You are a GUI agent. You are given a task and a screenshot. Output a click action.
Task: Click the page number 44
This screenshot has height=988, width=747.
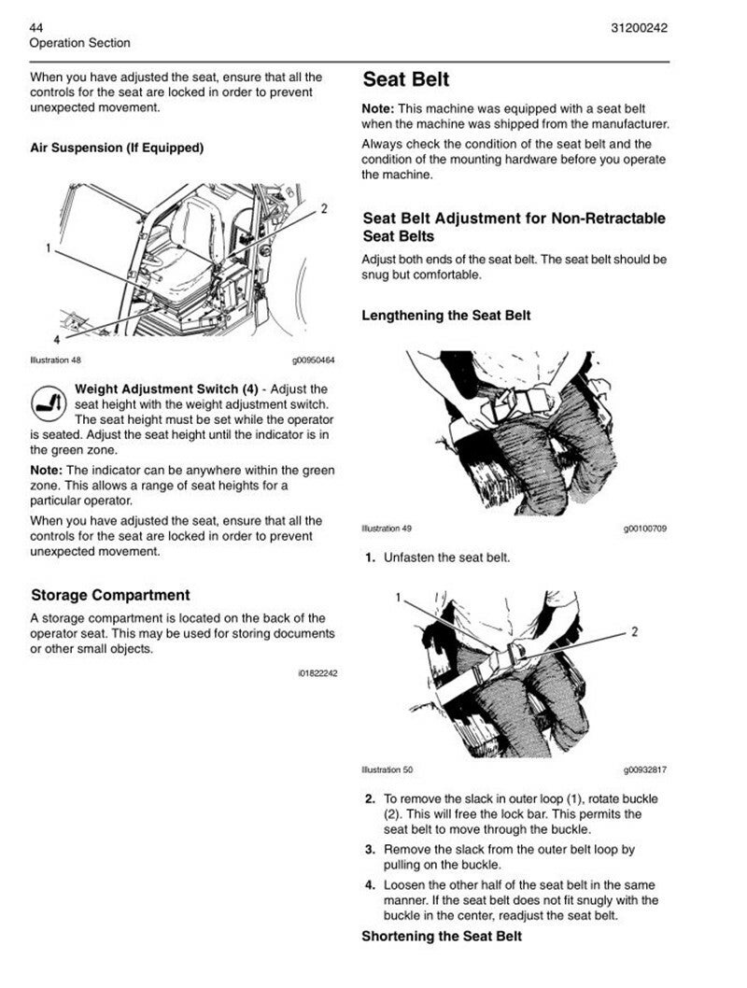(37, 27)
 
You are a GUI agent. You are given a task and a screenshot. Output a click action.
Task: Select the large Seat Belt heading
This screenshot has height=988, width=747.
(405, 79)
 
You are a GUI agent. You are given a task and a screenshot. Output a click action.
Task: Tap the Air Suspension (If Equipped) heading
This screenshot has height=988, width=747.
(117, 148)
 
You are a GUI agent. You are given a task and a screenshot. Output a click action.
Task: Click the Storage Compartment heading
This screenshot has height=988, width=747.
(110, 595)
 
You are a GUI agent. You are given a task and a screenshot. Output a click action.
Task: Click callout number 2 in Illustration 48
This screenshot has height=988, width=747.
(323, 208)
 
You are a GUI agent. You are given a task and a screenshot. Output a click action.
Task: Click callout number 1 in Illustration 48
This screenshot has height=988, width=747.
(47, 248)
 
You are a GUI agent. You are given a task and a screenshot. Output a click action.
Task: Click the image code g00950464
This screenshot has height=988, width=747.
(313, 360)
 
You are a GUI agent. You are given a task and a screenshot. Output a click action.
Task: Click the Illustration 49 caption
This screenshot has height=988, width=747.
(387, 529)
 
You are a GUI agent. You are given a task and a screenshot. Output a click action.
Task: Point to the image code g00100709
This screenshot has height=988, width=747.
(644, 529)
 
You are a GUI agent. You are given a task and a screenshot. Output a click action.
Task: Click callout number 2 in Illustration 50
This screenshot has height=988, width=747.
(634, 632)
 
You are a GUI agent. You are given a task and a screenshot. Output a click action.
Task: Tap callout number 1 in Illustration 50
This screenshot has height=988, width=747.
(398, 597)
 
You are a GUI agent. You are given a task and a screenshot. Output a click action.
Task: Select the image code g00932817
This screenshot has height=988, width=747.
(644, 769)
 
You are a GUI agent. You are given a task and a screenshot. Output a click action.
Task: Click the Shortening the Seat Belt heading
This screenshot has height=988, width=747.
(442, 936)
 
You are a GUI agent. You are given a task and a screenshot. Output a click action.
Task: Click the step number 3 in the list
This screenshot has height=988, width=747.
(371, 849)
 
